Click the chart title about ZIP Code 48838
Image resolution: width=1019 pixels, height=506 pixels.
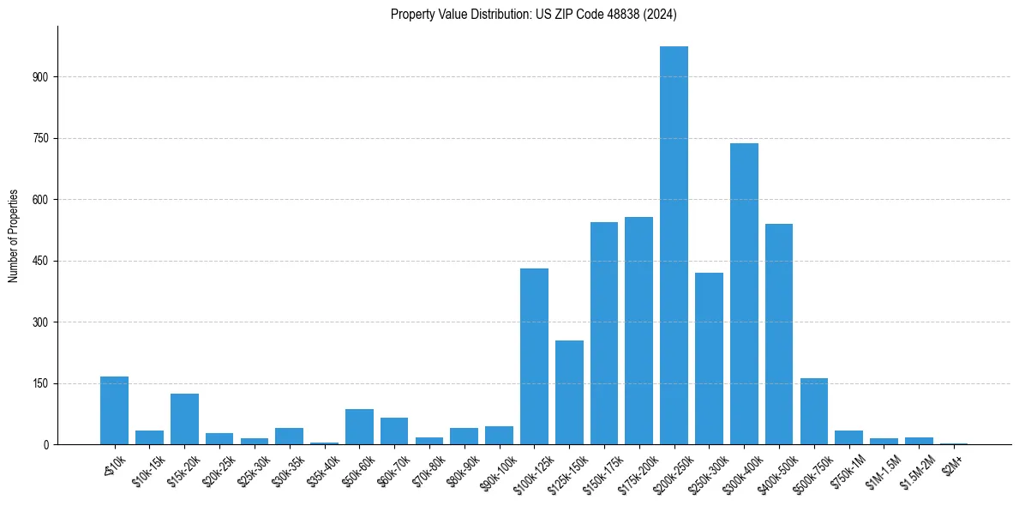pyautogui.click(x=534, y=14)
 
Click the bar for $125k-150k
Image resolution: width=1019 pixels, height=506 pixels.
pyautogui.click(x=569, y=392)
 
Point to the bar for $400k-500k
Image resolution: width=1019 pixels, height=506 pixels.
pyautogui.click(x=779, y=334)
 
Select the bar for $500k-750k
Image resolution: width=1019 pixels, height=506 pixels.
pyautogui.click(x=814, y=411)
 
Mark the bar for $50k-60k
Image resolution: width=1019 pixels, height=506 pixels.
pyautogui.click(x=359, y=426)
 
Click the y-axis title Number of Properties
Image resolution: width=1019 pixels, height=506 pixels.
pyautogui.click(x=14, y=236)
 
